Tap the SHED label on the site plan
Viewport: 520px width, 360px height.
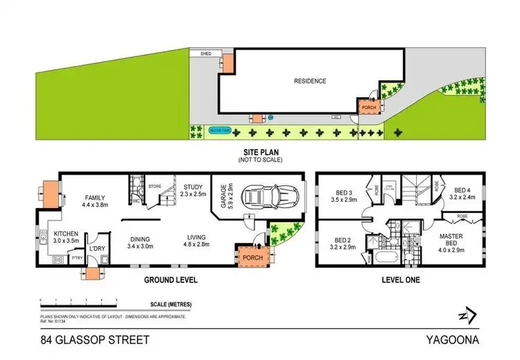205,53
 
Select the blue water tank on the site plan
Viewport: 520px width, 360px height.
220,130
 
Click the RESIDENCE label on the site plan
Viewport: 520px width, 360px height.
310,81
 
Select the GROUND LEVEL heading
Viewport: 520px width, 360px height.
171,280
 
